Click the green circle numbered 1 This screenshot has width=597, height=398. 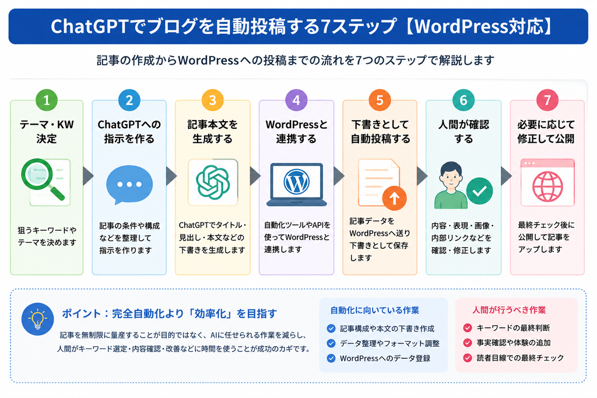(x=47, y=100)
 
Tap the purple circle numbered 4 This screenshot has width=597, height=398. (x=296, y=100)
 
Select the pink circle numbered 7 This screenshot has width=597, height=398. (x=547, y=100)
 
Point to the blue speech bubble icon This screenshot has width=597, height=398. (x=129, y=185)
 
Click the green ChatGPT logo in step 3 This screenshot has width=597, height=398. (x=213, y=182)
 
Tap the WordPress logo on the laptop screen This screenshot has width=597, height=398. (x=297, y=182)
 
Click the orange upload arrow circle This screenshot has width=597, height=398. (x=395, y=198)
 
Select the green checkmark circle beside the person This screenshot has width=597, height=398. (x=479, y=191)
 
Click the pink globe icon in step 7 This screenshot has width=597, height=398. (x=547, y=186)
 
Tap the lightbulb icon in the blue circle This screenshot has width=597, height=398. (x=38, y=319)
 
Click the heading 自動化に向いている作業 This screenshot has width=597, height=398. (x=375, y=310)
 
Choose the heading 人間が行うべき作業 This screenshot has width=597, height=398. (x=509, y=310)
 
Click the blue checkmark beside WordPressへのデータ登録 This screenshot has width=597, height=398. (x=331, y=358)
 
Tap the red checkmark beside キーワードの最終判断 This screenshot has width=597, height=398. (x=468, y=327)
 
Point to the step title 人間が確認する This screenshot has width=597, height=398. (x=463, y=131)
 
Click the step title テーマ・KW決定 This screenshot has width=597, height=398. (x=47, y=131)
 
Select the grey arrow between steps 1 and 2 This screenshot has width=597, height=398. (x=88, y=175)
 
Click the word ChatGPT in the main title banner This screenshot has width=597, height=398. (x=90, y=27)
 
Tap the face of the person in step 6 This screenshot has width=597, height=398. (x=451, y=177)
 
